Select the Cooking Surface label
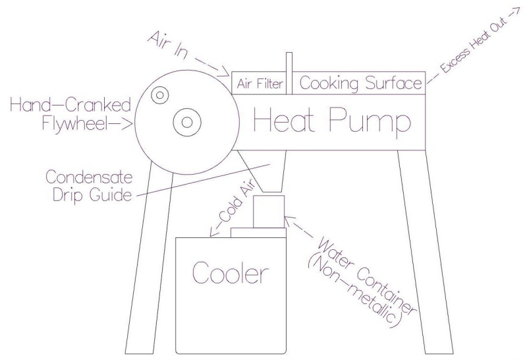pos(360,84)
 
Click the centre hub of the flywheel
pos(186,122)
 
